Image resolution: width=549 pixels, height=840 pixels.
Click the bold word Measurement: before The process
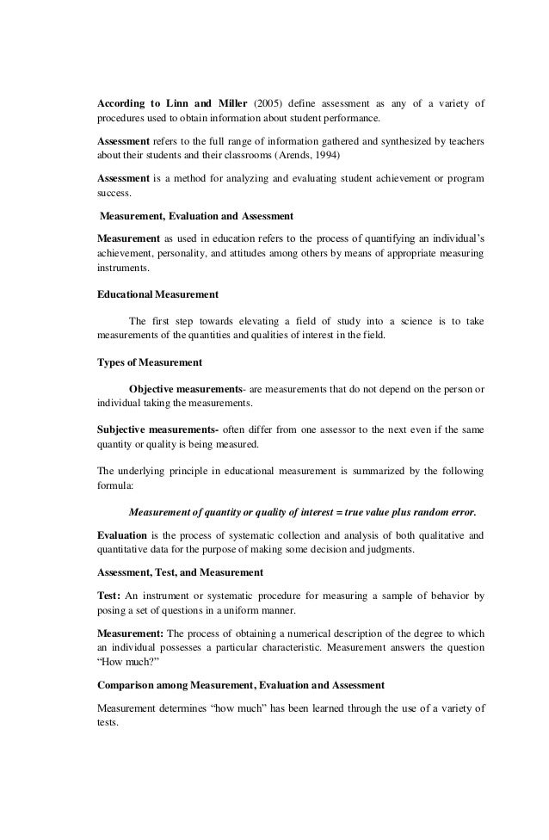(130, 634)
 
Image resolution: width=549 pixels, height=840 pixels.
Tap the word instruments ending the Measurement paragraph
(121, 269)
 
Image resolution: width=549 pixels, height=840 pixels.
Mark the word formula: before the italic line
(112, 485)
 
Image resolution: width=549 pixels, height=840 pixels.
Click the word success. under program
(113, 194)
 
